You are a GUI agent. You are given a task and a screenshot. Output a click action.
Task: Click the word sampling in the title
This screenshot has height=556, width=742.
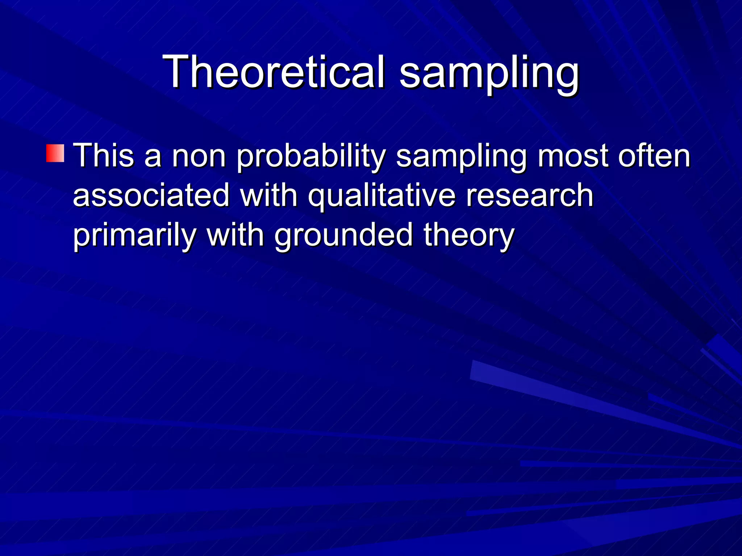coord(489,72)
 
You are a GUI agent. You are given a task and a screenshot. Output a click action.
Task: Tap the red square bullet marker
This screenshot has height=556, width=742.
coord(55,153)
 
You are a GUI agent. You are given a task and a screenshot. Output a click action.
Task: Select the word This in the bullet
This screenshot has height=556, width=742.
coord(103,156)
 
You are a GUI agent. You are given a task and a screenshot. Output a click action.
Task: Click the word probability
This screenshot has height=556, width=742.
coord(311,156)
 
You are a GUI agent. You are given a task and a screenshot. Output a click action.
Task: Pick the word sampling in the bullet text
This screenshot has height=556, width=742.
coord(461,156)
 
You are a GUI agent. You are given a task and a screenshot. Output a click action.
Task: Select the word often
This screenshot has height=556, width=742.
coord(654,156)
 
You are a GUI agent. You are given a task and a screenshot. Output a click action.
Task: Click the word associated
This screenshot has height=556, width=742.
coord(151,195)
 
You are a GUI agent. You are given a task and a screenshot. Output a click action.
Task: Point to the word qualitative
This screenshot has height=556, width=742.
coord(382,196)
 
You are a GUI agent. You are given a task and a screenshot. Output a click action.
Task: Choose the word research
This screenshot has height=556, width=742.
coord(529,195)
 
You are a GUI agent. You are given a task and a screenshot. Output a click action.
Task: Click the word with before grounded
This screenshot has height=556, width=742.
coord(235,235)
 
